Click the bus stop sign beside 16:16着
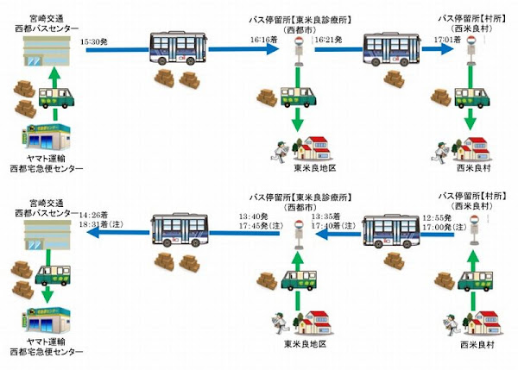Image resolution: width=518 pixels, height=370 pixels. pos(297,52)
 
